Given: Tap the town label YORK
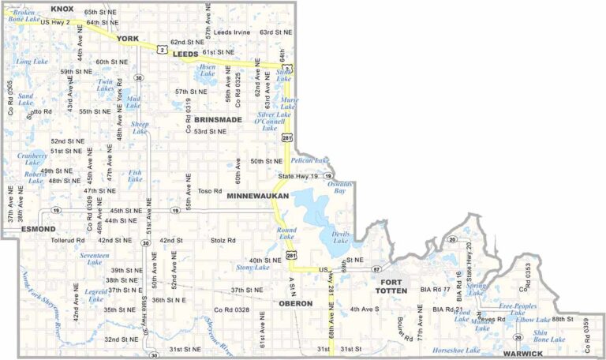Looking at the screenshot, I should click(127, 38).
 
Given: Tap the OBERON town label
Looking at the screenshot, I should click(296, 303).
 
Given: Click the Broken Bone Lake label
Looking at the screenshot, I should click(24, 16).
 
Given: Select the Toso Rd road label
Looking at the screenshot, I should click(210, 190).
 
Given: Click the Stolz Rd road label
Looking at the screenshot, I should click(223, 240).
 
